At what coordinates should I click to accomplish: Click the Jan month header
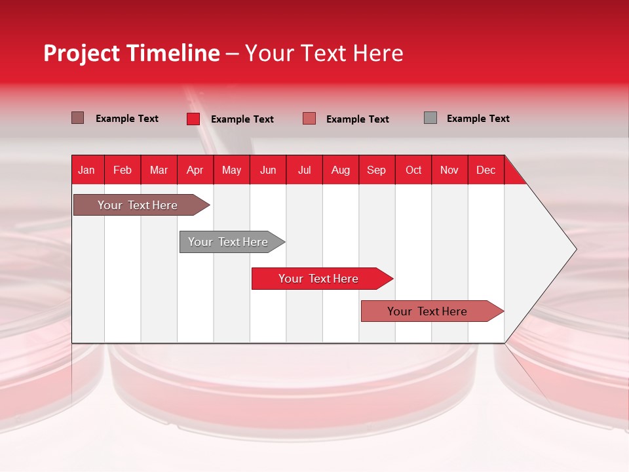point(86,170)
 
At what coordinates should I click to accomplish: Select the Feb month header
point(123,170)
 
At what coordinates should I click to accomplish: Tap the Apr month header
point(195,170)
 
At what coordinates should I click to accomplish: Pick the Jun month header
point(268,170)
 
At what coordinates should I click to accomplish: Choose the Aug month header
point(340,170)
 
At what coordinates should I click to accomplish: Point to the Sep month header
point(376,170)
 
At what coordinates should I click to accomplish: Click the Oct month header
point(413,170)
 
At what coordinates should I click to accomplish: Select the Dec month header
point(486,170)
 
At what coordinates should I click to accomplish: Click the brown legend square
point(77,118)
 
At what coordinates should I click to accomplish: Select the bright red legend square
point(193,119)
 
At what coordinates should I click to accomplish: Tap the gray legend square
point(430,118)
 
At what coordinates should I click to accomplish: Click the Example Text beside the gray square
point(478,119)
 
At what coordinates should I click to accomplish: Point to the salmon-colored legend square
point(309,119)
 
